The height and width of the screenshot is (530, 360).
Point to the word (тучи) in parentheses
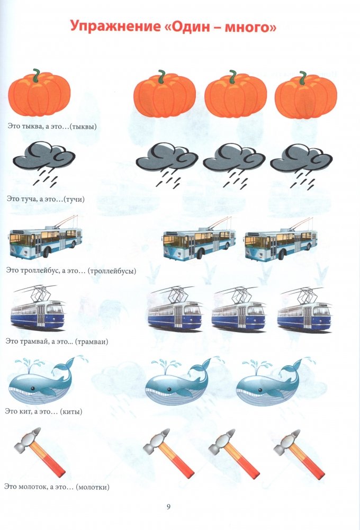(x=74, y=199)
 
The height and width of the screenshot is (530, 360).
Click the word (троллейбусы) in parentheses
(x=112, y=271)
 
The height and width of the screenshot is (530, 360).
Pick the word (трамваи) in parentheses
(x=91, y=342)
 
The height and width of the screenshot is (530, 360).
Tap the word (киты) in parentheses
(x=71, y=412)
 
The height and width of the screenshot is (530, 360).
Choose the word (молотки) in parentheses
(x=93, y=487)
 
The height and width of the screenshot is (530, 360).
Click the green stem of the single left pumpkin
(x=36, y=74)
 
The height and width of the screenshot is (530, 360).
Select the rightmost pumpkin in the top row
(x=305, y=95)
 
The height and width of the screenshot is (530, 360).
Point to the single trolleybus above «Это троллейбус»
(x=46, y=239)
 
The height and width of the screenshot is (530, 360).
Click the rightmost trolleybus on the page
(x=281, y=240)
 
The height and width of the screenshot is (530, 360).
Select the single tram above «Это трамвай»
(x=38, y=308)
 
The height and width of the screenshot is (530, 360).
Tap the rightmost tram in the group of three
(x=304, y=310)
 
